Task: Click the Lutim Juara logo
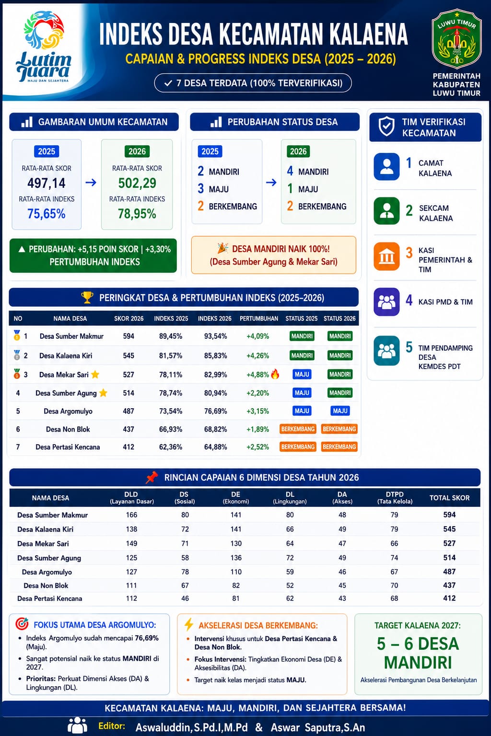point(44,46)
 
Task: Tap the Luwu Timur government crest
point(456,38)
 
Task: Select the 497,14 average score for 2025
point(47,183)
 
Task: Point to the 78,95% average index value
point(137,214)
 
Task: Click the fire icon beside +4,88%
point(275,374)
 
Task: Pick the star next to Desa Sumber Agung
point(103,392)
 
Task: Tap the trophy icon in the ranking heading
point(87,298)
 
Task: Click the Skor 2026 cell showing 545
point(129,356)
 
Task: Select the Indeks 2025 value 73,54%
point(171,411)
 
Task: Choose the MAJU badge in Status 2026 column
point(340,411)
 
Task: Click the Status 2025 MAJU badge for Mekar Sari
point(302,374)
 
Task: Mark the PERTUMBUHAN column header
point(259,318)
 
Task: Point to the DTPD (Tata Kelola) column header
point(395,497)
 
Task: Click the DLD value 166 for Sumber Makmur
point(131,515)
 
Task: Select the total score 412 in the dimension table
point(449,598)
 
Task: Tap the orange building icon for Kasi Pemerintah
point(387,256)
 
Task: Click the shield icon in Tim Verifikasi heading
point(386,126)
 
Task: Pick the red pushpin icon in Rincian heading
point(152,477)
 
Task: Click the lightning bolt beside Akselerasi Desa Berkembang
point(189,625)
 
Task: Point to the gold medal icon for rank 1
point(17,335)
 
